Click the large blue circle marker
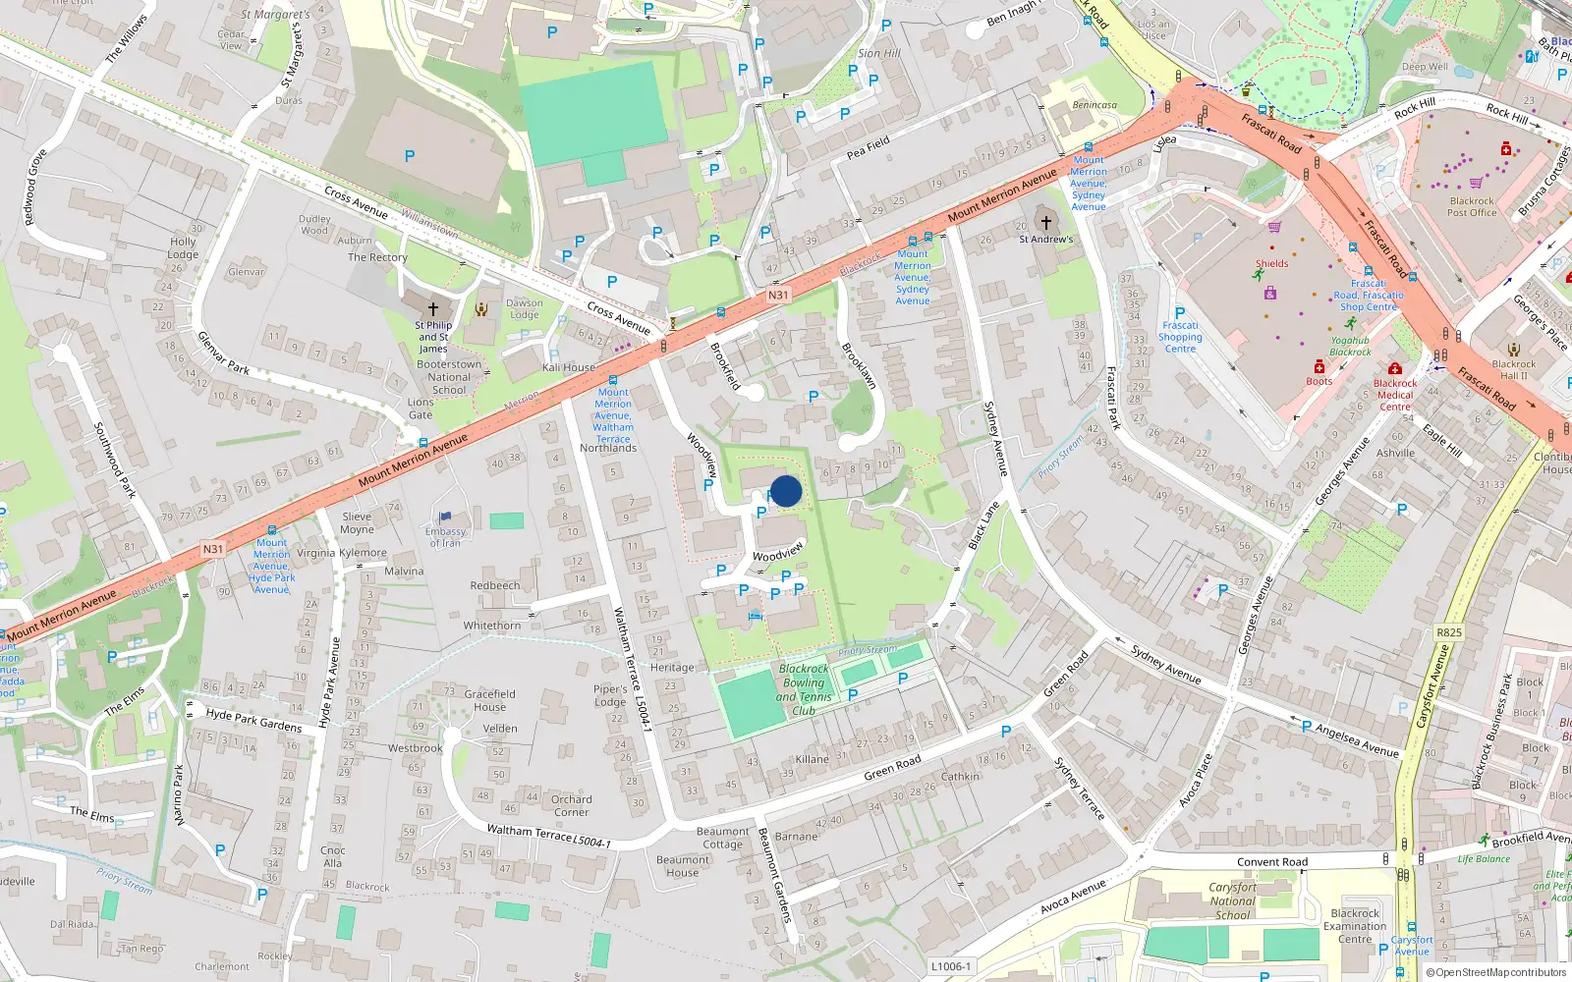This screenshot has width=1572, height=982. (x=786, y=491)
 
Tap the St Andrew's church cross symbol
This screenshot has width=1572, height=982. (x=1045, y=222)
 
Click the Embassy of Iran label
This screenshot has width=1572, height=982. (x=445, y=536)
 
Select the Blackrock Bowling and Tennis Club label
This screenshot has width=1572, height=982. (x=804, y=689)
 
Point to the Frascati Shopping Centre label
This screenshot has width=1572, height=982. (x=1180, y=337)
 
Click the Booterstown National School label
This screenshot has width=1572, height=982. (x=449, y=377)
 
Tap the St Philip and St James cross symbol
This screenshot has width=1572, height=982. (x=432, y=308)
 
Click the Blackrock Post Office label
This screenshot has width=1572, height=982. (x=1472, y=206)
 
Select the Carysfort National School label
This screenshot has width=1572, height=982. (x=1232, y=900)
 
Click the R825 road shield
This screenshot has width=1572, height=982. (x=1449, y=632)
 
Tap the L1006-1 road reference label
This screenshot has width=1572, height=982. (x=949, y=966)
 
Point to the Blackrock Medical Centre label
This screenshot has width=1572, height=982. (x=1395, y=395)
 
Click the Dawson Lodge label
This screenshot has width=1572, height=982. (x=524, y=308)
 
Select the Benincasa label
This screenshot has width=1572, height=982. (x=1095, y=105)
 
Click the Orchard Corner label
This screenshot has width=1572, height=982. (x=571, y=805)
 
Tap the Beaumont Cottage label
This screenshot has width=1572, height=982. (x=722, y=838)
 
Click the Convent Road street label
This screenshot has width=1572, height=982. (x=1272, y=862)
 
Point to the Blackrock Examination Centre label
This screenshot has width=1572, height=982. (x=1355, y=926)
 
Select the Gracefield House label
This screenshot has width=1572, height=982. (x=489, y=700)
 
